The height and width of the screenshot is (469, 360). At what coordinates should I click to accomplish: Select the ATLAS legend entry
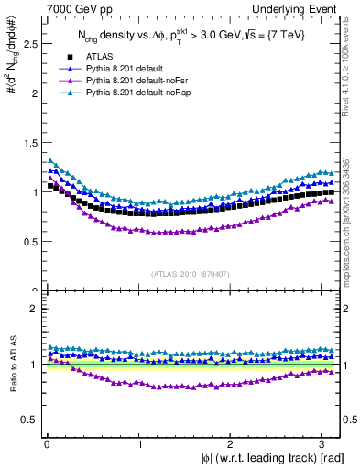[x=95, y=56]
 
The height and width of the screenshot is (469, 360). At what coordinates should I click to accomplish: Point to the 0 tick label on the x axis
[x=47, y=443]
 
